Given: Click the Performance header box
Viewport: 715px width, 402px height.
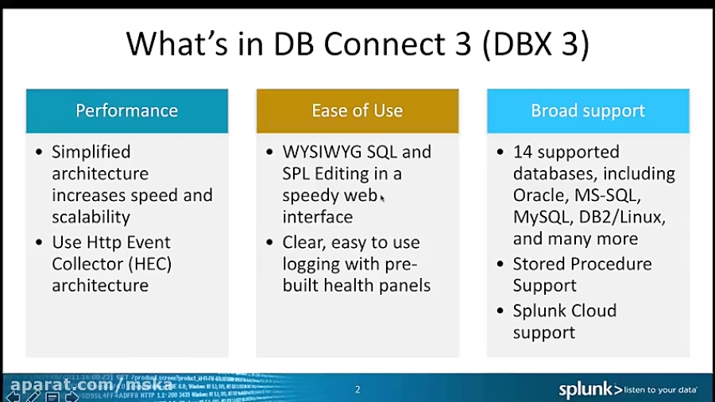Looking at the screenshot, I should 127,110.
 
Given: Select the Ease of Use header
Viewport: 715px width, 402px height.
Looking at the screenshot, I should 357,110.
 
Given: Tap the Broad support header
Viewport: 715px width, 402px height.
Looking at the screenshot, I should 588,110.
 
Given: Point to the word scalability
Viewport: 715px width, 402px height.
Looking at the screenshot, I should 91,217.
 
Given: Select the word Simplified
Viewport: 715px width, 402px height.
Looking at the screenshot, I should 91,152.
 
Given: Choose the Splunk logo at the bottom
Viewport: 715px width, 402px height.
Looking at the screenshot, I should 590,389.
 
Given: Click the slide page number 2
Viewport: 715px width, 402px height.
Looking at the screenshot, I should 357,389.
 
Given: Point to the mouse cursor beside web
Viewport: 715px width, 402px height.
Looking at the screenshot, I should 382,199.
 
